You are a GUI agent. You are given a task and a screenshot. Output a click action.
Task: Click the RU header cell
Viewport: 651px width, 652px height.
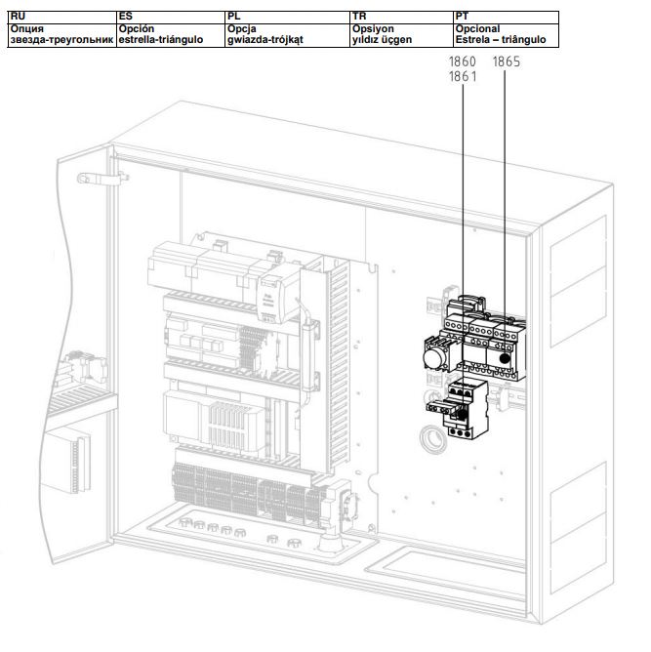click(61, 18)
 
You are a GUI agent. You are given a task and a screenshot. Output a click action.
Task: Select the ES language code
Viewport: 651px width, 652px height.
click(126, 17)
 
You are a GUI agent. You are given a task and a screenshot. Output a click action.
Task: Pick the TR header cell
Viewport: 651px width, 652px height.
click(401, 18)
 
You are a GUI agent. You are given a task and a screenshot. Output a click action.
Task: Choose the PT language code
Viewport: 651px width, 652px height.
click(462, 17)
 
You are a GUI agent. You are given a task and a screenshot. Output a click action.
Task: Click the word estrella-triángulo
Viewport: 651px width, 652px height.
click(161, 40)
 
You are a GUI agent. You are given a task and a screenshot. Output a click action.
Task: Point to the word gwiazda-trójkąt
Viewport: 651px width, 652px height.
click(265, 40)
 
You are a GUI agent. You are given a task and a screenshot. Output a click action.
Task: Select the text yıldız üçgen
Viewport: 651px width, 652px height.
click(382, 40)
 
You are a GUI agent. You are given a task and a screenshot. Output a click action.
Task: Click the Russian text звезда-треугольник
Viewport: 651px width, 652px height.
click(61, 40)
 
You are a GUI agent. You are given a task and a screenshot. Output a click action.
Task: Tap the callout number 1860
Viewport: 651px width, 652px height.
click(463, 61)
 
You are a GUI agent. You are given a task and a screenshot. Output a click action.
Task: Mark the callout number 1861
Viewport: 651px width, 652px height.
click(463, 76)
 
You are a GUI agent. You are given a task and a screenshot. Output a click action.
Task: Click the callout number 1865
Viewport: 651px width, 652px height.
click(507, 61)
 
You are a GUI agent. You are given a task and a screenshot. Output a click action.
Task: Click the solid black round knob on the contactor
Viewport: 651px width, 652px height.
click(506, 358)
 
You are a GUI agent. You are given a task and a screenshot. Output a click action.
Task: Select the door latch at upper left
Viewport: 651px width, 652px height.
click(102, 179)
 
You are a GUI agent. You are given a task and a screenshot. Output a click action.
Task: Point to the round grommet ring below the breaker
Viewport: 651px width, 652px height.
click(433, 439)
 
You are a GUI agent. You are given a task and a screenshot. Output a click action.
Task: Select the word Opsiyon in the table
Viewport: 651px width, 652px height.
click(373, 29)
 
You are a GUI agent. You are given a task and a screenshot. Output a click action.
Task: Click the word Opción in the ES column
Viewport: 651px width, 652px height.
click(137, 29)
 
